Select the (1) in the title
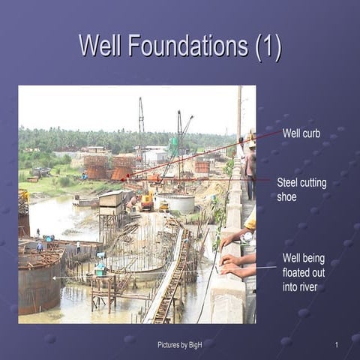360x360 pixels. (267, 46)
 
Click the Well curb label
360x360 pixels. (301, 134)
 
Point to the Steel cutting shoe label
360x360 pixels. (301, 189)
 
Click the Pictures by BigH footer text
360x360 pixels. (180, 344)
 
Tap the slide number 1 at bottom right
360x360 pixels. (337, 344)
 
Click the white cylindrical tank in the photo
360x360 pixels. (177, 202)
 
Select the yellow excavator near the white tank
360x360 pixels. (146, 201)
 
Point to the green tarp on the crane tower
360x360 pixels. (174, 145)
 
